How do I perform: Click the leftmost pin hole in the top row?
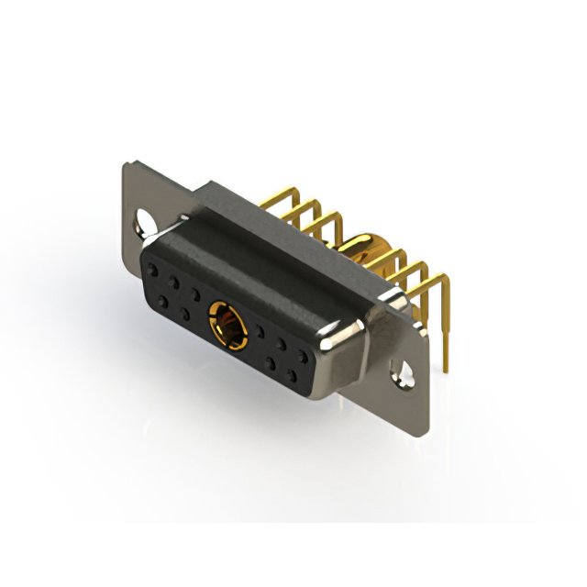click(x=152, y=271)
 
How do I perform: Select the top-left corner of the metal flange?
click(x=127, y=166)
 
